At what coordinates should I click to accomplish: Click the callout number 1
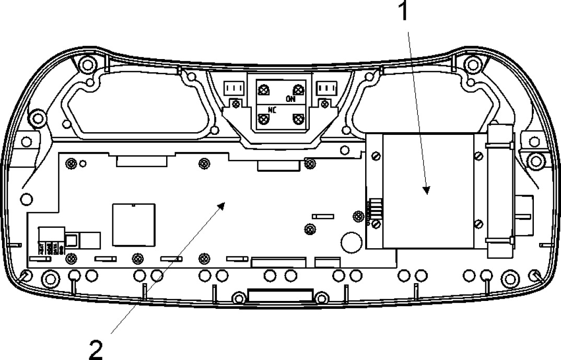(x=403, y=11)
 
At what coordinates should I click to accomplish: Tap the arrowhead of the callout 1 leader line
(x=427, y=191)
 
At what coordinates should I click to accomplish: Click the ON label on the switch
(x=290, y=98)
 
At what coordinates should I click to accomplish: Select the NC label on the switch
(x=272, y=110)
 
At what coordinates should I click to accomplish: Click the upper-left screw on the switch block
(x=264, y=90)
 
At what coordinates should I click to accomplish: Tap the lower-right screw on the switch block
(x=298, y=119)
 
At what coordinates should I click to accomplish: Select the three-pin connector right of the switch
(x=328, y=89)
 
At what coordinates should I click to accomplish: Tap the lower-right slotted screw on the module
(x=478, y=224)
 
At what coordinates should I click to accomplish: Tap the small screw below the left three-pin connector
(x=236, y=104)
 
